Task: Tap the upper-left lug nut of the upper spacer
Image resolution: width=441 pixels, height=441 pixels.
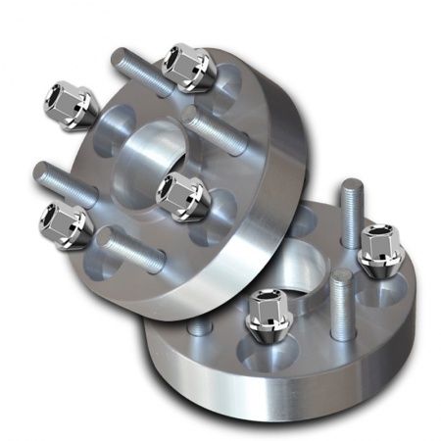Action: pos(69,103)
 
